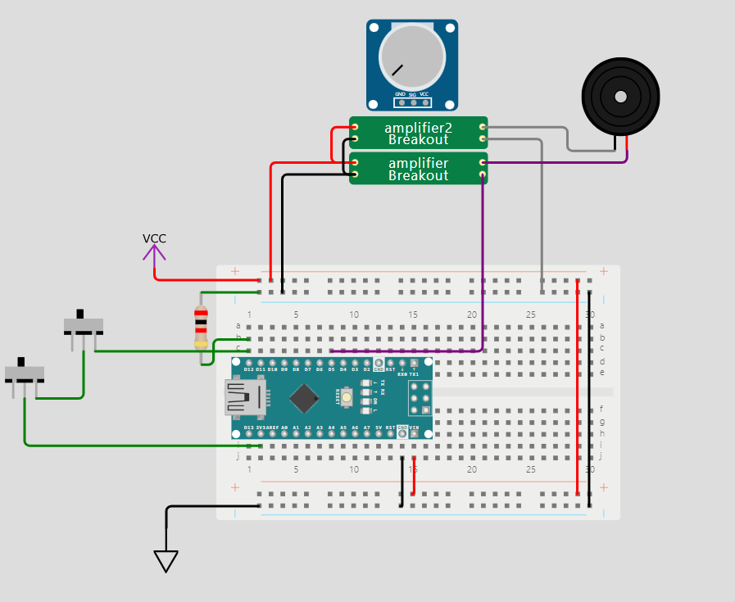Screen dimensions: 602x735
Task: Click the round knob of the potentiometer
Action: coord(411,57)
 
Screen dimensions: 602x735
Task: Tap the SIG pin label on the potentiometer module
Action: coord(412,95)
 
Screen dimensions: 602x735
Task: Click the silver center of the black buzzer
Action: coord(620,97)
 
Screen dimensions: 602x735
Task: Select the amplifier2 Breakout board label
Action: coord(418,133)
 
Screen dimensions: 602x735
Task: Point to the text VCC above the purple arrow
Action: coord(154,238)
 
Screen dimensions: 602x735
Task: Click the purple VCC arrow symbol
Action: coord(154,253)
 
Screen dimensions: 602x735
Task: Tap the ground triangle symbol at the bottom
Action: coord(166,561)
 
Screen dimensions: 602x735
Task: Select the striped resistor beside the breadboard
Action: coord(201,326)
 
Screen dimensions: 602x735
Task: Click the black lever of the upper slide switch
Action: coord(80,314)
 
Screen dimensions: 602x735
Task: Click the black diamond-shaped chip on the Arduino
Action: coord(304,397)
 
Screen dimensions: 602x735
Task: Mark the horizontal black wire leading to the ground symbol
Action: coord(213,507)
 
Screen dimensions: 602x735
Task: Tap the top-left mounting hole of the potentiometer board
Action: coord(374,28)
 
